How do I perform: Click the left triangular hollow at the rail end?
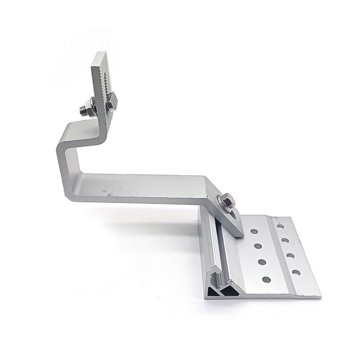(212, 292)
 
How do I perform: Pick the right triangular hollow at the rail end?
(228, 292)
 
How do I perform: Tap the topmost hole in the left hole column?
(254, 231)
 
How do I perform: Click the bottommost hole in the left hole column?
(266, 280)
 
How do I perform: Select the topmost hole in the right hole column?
(280, 226)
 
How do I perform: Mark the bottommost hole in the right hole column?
(296, 272)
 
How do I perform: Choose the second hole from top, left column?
(258, 246)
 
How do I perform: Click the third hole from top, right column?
(290, 256)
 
